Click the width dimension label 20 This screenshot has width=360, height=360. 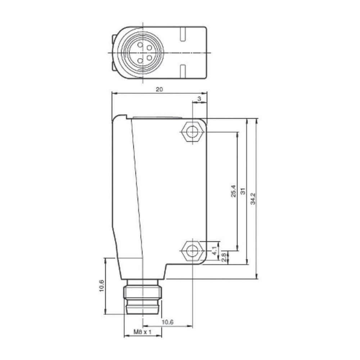click(x=159, y=90)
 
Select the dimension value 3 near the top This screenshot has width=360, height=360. click(x=199, y=99)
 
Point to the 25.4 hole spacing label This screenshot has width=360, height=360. click(x=233, y=191)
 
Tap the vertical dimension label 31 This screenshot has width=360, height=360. click(x=243, y=191)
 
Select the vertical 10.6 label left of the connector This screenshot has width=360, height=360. click(x=102, y=286)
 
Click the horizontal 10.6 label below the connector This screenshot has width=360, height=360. click(x=167, y=323)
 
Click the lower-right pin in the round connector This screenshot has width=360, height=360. click(x=149, y=57)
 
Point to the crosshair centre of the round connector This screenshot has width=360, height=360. click(x=143, y=53)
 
